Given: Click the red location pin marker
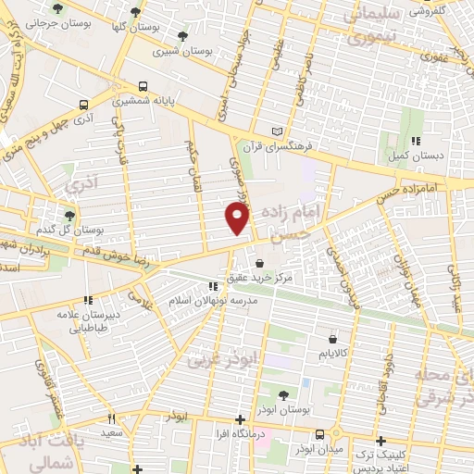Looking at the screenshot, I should (x=238, y=218).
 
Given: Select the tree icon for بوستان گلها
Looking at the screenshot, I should (x=136, y=12).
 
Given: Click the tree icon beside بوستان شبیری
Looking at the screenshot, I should (x=181, y=37).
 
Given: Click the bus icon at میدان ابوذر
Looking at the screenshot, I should (x=319, y=433).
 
